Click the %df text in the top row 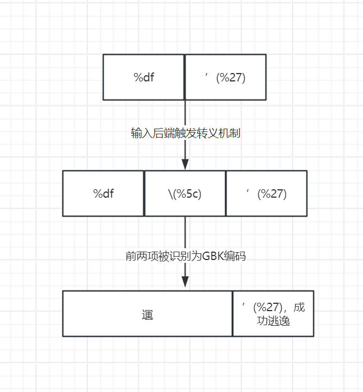[x=144, y=78]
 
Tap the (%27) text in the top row [x=231, y=78]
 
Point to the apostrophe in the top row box [x=206, y=75]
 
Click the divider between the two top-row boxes [x=185, y=77]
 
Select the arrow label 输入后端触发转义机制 [x=185, y=133]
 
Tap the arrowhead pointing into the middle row [x=185, y=164]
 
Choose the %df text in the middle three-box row [x=103, y=194]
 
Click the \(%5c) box [x=185, y=194]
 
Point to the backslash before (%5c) [x=171, y=194]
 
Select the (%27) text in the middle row [x=272, y=194]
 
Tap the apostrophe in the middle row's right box [x=248, y=192]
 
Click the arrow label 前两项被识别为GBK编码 [x=185, y=256]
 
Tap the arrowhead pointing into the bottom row [x=185, y=281]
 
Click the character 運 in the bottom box [x=148, y=314]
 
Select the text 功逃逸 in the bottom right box [x=273, y=321]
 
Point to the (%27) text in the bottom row [x=268, y=307]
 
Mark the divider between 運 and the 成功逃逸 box [x=233, y=313]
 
